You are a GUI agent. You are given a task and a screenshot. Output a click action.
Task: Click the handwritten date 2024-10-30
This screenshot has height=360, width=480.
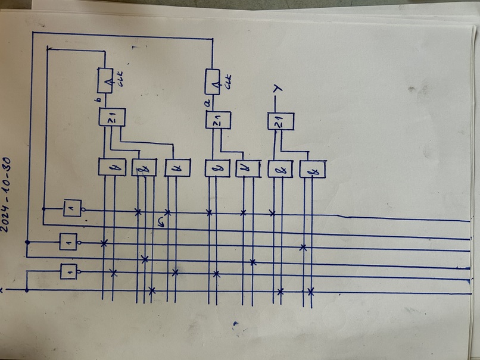click(11, 191)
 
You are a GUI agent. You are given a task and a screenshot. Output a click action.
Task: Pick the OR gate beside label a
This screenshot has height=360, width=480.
click(218, 121)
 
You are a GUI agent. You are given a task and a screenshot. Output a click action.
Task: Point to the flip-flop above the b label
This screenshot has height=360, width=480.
click(106, 80)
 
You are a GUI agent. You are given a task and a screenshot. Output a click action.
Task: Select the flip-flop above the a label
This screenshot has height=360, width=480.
click(213, 82)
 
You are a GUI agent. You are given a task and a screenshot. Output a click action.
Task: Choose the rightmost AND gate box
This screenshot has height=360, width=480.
click(313, 170)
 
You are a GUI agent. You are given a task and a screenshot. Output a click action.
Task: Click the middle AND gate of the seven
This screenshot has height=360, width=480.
click(217, 168)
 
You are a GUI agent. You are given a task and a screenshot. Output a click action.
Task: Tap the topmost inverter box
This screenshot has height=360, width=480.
click(73, 208)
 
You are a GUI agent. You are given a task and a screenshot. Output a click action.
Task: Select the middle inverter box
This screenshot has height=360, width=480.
click(68, 242)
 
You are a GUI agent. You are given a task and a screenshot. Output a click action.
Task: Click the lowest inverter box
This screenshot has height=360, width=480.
click(68, 272)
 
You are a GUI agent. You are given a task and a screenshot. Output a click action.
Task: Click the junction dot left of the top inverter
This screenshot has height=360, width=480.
click(43, 208)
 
